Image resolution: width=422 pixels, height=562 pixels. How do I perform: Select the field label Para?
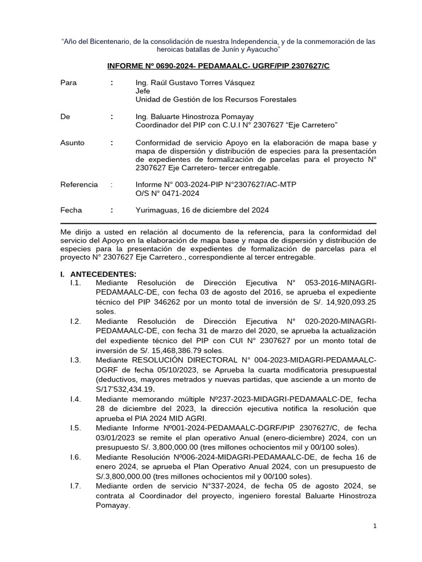68,83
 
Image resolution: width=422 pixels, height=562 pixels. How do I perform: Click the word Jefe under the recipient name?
142,91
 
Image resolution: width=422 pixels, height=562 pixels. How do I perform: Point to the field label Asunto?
72,143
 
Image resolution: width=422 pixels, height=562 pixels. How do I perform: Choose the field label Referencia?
79,185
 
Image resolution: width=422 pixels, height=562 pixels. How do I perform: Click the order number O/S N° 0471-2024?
167,193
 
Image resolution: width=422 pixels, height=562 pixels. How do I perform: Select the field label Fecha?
71,210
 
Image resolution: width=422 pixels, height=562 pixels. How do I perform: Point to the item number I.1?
75,282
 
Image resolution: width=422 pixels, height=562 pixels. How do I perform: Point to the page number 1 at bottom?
374,526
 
